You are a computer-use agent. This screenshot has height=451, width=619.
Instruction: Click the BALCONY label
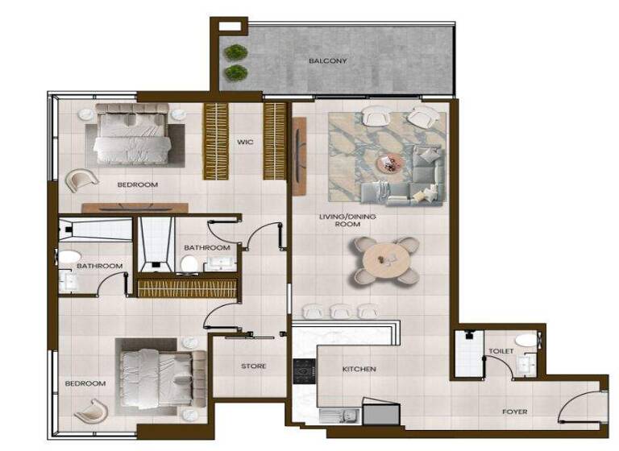pyautogui.click(x=328, y=61)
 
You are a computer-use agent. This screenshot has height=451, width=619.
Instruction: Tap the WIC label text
pyautogui.click(x=245, y=143)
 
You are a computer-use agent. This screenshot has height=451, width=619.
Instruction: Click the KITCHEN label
pyautogui.click(x=359, y=369)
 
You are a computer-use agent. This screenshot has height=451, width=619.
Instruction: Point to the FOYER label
pyautogui.click(x=514, y=412)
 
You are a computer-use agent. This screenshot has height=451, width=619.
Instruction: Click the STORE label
pyautogui.click(x=253, y=366)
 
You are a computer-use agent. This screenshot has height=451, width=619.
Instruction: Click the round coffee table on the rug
pyautogui.click(x=390, y=163)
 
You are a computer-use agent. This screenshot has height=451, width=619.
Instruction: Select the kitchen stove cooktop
pyautogui.click(x=305, y=370)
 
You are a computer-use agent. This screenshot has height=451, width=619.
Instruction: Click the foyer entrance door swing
pyautogui.click(x=587, y=408)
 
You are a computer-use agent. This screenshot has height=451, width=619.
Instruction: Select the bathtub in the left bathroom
pyautogui.click(x=95, y=229)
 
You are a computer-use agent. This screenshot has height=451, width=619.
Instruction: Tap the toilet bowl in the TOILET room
pyautogui.click(x=526, y=341)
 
